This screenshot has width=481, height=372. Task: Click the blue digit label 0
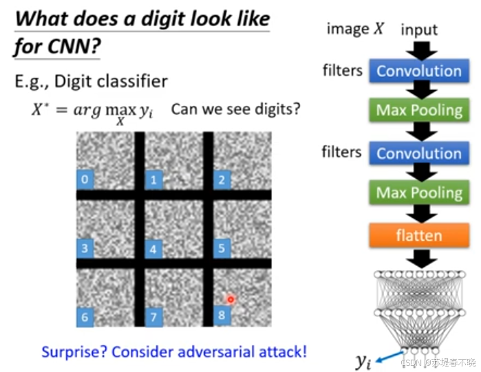click(84, 180)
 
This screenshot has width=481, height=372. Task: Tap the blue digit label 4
click(153, 249)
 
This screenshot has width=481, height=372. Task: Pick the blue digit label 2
click(222, 180)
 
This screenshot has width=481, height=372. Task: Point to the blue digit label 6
click(84, 317)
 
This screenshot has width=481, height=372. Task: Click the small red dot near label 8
click(231, 299)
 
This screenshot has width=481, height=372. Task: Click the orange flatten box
click(418, 236)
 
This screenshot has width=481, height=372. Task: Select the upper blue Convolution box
click(418, 71)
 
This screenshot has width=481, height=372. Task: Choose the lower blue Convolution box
click(418, 153)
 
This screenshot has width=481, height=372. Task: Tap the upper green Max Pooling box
click(418, 110)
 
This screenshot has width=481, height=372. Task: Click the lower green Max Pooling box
click(418, 193)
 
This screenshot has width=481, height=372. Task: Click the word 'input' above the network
click(418, 30)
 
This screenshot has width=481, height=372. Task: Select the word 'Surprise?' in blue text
click(74, 352)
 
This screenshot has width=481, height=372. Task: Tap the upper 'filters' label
click(342, 70)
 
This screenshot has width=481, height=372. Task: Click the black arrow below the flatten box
click(418, 259)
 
